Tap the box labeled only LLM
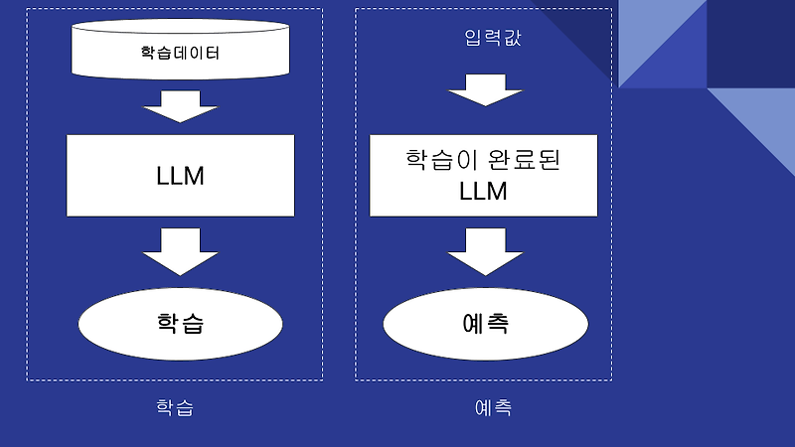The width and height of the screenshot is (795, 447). click(x=180, y=175)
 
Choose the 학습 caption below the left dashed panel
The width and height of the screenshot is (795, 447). click(x=175, y=407)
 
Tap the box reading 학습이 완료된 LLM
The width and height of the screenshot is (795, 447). click(x=484, y=176)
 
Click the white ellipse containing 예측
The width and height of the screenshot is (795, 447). click(x=484, y=324)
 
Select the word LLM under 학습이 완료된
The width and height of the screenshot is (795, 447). click(x=484, y=192)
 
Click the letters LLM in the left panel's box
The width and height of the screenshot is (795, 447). click(x=180, y=176)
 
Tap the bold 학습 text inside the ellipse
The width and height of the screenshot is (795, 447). click(x=180, y=323)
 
